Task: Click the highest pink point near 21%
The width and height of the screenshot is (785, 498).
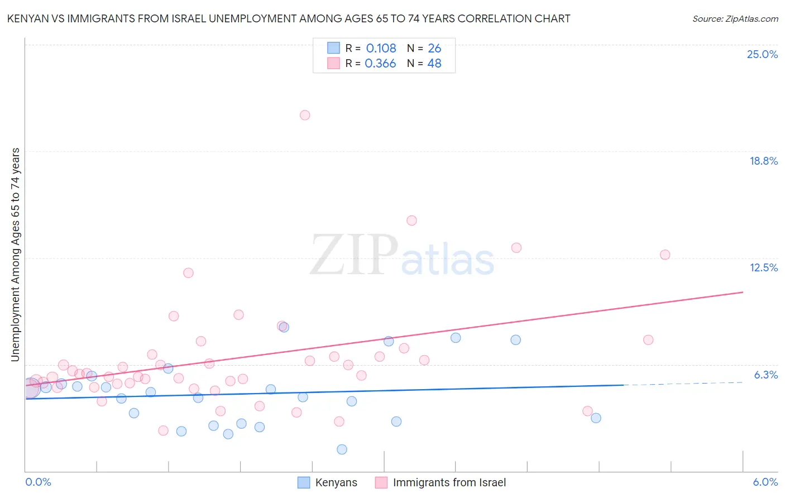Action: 305,115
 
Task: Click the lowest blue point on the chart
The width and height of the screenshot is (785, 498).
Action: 342,449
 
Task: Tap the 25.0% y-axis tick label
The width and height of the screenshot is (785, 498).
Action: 762,54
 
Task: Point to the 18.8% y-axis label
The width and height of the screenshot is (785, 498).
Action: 763,161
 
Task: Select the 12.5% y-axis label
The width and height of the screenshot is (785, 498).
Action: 763,267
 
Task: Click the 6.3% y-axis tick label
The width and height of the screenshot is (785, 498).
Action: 765,375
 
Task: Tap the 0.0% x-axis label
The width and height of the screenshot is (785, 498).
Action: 38,482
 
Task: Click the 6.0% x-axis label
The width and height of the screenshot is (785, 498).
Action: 765,482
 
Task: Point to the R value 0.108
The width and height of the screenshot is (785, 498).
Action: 381,48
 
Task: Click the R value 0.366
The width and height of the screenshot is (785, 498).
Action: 380,63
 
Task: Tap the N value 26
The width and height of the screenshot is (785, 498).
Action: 434,48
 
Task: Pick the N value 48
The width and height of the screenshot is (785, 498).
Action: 434,63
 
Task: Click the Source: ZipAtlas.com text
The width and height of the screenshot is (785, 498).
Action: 735,18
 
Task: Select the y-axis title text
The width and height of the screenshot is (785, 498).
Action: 15,255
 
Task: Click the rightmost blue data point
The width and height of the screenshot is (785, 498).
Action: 596,418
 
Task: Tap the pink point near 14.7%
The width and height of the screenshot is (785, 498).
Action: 411,220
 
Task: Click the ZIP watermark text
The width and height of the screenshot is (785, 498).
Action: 354,255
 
